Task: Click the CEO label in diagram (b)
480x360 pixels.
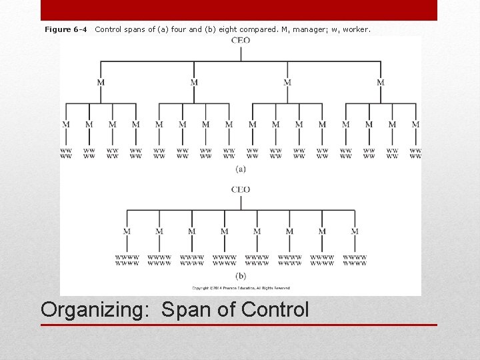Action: pos(241,189)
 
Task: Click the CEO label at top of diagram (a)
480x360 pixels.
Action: pos(241,41)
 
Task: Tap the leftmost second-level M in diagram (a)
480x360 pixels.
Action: pos(101,82)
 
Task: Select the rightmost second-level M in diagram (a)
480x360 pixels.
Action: pos(381,82)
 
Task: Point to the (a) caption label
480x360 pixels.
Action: pos(241,169)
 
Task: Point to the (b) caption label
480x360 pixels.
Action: pos(241,275)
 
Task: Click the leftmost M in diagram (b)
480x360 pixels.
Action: pos(127,231)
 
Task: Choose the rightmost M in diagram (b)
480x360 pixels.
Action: pos(355,231)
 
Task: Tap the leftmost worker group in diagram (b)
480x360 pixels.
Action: pos(127,260)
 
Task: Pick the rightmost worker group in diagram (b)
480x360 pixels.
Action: pos(355,260)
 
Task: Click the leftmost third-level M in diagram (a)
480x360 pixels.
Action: pos(66,124)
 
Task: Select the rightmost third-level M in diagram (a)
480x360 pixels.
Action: pos(415,124)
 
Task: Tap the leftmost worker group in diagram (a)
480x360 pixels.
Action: pos(66,153)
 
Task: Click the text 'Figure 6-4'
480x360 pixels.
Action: pos(65,29)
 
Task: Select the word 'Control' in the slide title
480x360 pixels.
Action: pos(275,310)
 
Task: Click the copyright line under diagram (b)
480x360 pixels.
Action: pos(241,288)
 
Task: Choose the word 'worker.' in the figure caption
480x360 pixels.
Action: pos(356,29)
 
